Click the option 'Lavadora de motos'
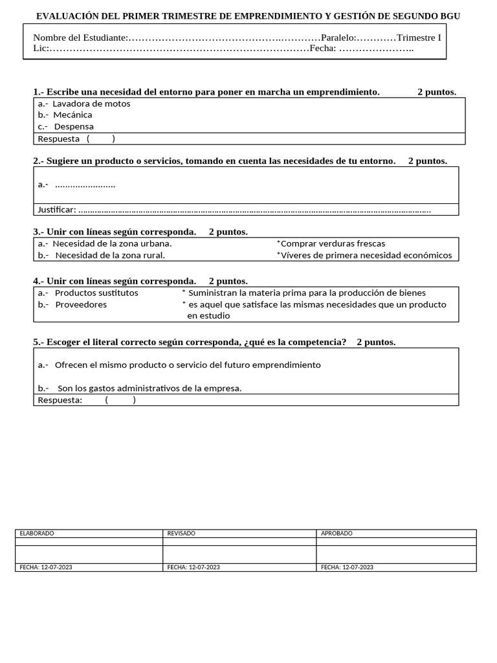pos(91,104)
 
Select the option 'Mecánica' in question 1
pos(72,115)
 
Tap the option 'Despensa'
pos(73,127)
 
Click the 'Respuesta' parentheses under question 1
pos(100,139)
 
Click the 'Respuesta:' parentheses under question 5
pos(120,400)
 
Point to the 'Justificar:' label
pos(57,210)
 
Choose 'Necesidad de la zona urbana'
pos(111,244)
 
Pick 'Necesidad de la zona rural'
pos(109,256)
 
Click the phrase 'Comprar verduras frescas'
pos(333,244)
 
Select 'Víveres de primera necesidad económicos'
pos(366,256)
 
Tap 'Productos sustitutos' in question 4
pos(96,293)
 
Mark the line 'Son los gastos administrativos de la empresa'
pos(149,388)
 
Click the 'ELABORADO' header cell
pos(37,534)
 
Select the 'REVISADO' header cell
pos(181,534)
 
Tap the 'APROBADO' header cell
pos(337,534)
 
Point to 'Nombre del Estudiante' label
pos(80,38)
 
